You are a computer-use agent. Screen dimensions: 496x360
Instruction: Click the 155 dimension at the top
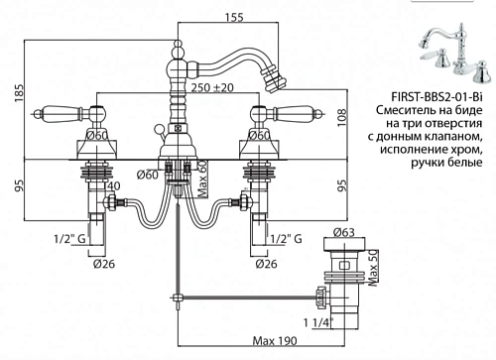point(235,17)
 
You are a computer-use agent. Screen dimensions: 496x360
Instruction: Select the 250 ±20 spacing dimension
point(212,87)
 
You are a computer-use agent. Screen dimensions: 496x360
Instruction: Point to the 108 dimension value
point(342,117)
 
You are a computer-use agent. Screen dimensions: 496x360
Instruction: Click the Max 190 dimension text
point(275,340)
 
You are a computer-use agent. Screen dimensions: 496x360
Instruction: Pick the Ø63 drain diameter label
point(343,232)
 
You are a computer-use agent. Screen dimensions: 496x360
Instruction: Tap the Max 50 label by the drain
point(373,267)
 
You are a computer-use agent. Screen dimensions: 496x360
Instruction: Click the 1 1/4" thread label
point(318,322)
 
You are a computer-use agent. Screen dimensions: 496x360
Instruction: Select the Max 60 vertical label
point(202,179)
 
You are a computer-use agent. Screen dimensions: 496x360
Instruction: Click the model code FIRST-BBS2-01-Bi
point(436,97)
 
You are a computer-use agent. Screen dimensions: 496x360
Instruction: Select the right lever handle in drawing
point(299,113)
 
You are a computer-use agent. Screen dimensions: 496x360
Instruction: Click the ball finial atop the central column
point(178,45)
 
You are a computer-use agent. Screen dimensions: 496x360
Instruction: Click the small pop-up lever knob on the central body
point(159,127)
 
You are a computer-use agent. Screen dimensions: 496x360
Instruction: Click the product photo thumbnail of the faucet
point(454,54)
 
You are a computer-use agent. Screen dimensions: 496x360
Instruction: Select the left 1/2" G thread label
point(69,238)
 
